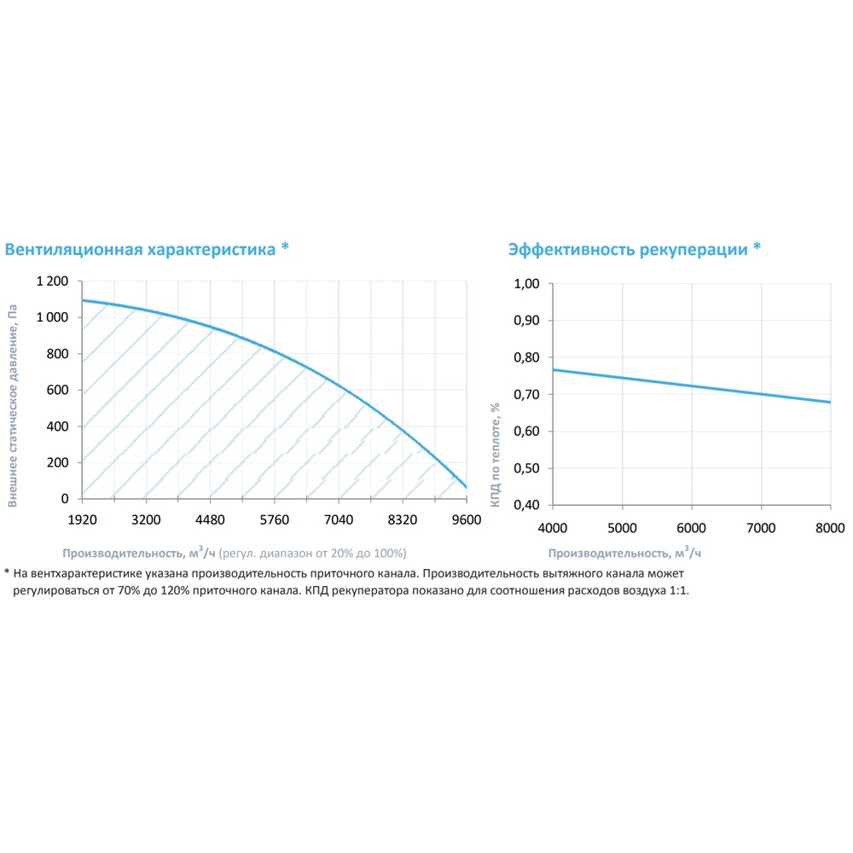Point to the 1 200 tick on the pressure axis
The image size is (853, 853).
click(52, 281)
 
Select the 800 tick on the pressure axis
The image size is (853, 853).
click(58, 354)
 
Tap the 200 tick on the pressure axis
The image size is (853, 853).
click(58, 462)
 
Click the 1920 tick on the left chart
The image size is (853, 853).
click(81, 519)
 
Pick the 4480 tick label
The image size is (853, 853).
click(210, 519)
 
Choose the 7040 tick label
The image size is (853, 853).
click(339, 519)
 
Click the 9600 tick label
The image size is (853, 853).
click(466, 519)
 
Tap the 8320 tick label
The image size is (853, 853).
click(402, 519)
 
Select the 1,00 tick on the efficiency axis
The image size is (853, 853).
click(528, 284)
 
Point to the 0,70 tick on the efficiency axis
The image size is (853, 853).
click(528, 394)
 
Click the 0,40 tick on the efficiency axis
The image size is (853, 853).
click(528, 505)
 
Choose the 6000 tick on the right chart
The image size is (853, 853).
click(692, 527)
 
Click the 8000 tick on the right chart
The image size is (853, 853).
click(830, 527)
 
